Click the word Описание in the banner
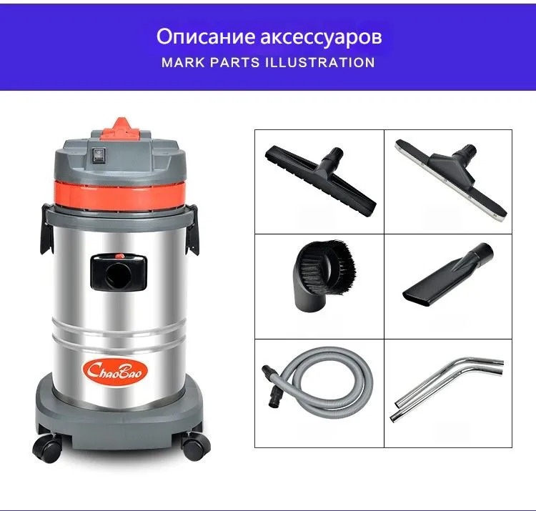205,37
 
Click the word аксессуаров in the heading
321,38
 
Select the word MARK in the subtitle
183,63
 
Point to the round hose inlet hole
117,275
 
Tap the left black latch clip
47,229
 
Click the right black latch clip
192,229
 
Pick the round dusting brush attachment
322,275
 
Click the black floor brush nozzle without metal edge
320,180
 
